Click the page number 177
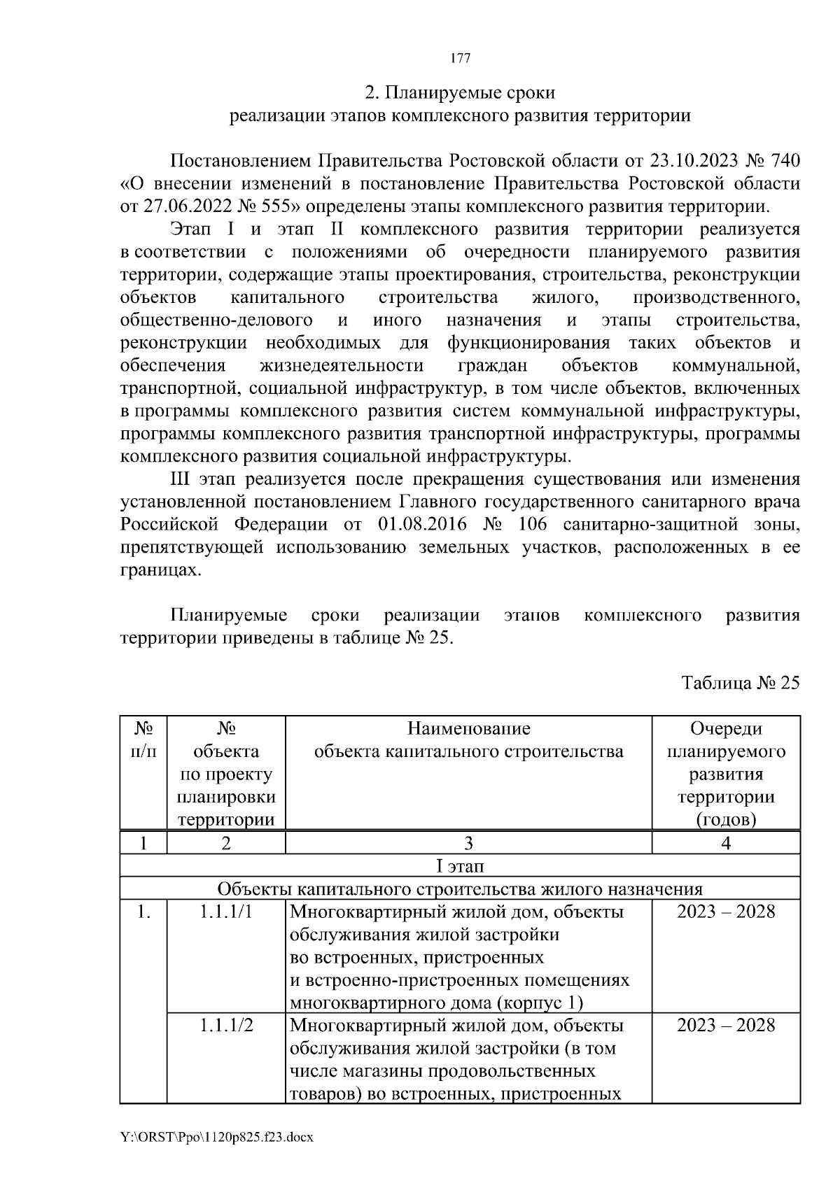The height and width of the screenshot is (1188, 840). pos(460,58)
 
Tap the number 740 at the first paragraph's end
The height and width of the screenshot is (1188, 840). pos(785,161)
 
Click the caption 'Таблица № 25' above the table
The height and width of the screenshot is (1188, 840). pos(741,683)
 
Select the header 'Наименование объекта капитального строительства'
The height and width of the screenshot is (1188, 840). pos(468,740)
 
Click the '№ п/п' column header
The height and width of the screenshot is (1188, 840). pos(143,740)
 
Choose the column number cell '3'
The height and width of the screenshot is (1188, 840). pos(468,843)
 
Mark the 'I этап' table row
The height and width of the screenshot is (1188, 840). pos(460,866)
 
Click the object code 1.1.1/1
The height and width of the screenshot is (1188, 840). pos(226,912)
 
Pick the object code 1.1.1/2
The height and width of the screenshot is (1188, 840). pos(226,1026)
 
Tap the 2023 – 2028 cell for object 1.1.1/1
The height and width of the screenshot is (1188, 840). pos(726,912)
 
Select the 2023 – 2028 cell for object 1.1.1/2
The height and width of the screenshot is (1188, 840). pos(726,1026)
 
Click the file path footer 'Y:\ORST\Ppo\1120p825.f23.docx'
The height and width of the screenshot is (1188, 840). pos(216,1138)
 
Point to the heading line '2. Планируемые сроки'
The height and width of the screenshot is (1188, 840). pos(460,92)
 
